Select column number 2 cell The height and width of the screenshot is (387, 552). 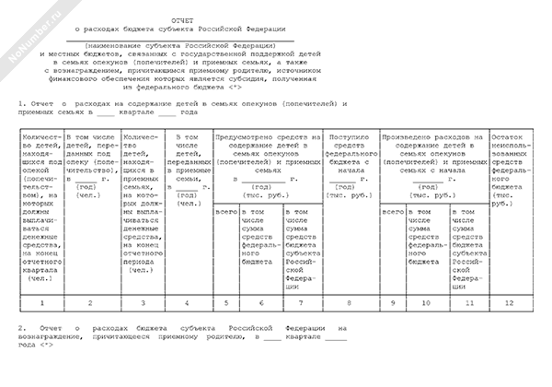coord(89,301)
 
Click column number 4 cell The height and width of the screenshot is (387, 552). coord(188,301)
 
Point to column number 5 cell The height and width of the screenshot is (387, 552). coord(225,301)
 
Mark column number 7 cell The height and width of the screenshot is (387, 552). coord(302,301)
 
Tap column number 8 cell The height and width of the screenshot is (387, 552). coord(350,301)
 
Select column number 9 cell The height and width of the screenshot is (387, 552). coord(393,301)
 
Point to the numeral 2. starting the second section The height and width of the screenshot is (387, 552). coord(22,328)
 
